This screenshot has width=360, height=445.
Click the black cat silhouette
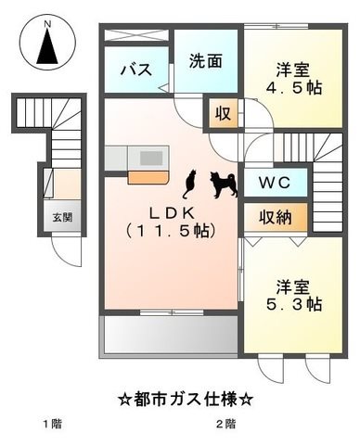(189, 184)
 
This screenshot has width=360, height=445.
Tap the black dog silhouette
(224, 184)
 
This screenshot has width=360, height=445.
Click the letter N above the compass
(47, 24)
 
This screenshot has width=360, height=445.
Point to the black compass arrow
(47, 46)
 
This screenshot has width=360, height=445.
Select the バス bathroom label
(136, 70)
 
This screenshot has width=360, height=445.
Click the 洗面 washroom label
(206, 61)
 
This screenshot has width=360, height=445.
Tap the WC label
(275, 183)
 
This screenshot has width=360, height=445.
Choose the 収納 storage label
(276, 217)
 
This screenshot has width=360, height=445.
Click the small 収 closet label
(224, 113)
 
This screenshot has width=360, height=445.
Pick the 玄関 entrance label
(62, 218)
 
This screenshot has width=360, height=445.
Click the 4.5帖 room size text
(294, 88)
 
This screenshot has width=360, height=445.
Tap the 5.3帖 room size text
(294, 304)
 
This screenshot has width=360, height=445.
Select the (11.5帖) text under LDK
(171, 231)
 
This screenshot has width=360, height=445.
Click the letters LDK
(172, 213)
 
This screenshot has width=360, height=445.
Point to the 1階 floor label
(53, 424)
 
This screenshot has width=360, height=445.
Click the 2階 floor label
(225, 424)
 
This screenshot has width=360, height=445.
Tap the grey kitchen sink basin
(151, 159)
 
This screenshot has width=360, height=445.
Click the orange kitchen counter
(148, 178)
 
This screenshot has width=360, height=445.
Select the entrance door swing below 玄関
(66, 251)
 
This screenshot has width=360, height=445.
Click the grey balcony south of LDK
(171, 336)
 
